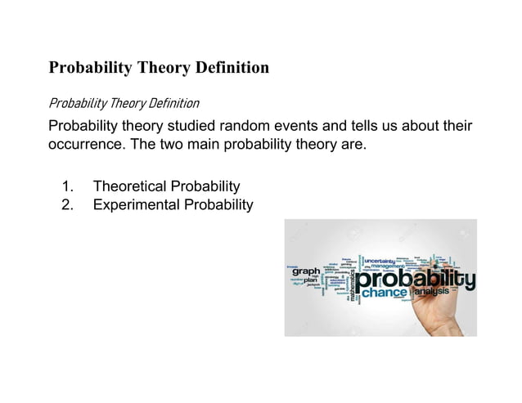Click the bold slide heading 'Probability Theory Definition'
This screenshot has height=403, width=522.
click(x=159, y=68)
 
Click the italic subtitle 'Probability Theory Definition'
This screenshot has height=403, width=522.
click(x=124, y=104)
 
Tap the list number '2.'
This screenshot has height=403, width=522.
click(x=69, y=204)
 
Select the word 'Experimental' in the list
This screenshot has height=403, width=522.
click(x=136, y=204)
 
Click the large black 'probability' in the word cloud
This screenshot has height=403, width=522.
click(x=413, y=280)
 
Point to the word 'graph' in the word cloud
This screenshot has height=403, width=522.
click(x=307, y=271)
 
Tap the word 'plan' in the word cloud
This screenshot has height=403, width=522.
click(x=310, y=280)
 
